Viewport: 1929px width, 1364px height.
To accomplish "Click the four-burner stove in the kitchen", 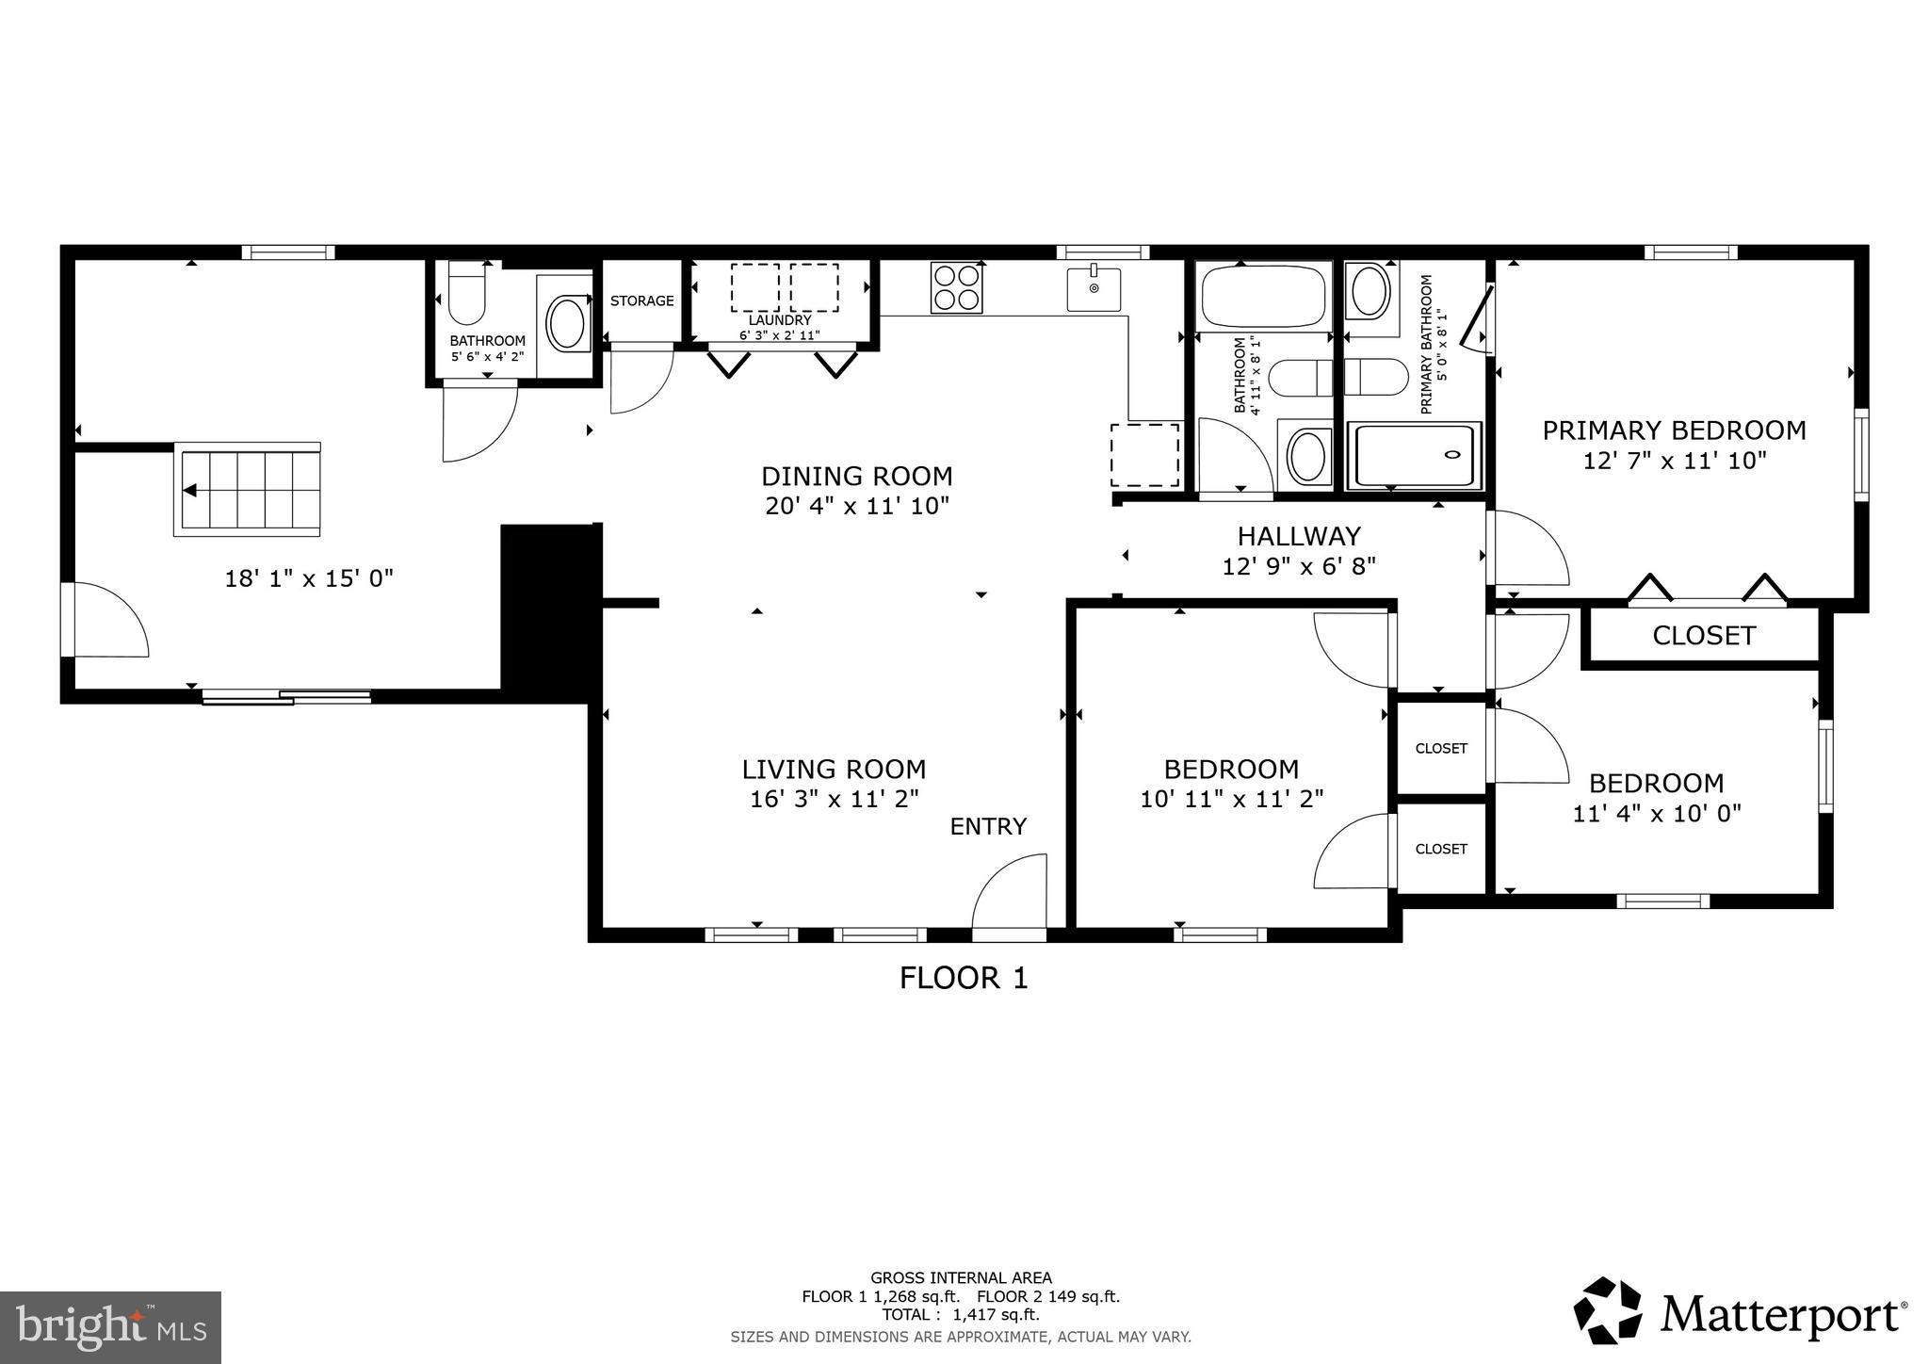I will click(x=956, y=287).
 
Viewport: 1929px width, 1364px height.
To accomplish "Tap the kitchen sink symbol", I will click(x=1094, y=288).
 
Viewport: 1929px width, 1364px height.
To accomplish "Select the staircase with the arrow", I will click(x=248, y=490).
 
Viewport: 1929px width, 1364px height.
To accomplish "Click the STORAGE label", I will click(x=641, y=300).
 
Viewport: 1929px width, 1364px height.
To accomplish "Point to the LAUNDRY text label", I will click(x=780, y=320).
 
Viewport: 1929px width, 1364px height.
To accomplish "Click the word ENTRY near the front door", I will click(x=988, y=826).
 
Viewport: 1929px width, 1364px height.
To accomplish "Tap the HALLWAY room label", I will click(x=1299, y=536).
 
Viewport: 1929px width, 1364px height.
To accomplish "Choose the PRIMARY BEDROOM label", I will click(x=1674, y=430).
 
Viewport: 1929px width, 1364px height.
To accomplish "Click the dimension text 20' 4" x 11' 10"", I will click(x=857, y=506).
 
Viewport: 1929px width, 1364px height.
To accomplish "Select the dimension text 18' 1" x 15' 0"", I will click(x=309, y=578).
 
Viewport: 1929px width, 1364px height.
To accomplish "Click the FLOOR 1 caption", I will click(x=964, y=978).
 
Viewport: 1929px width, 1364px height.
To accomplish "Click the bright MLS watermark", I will click(x=110, y=1327).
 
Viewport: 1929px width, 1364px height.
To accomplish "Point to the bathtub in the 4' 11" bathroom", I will click(x=1263, y=296).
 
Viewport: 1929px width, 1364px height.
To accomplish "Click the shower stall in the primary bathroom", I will click(x=1414, y=456).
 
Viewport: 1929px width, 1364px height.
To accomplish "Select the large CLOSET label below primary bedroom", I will click(x=1704, y=636).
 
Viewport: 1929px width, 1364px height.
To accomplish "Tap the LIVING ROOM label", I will click(x=834, y=770).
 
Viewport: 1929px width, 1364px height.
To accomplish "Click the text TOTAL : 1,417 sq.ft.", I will click(x=961, y=1314).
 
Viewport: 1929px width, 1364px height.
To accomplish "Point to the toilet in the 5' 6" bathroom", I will click(x=466, y=293).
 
